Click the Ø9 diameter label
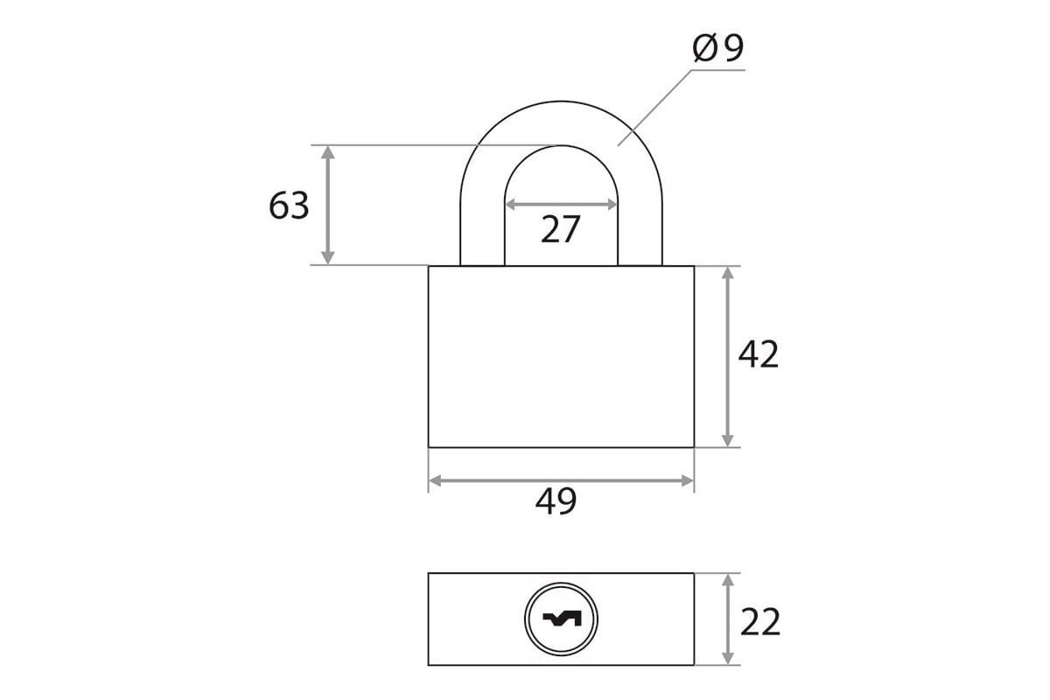[x=717, y=48]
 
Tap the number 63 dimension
[x=289, y=206]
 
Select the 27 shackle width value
[x=561, y=229]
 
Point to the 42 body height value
[x=759, y=354]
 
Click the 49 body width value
[x=556, y=501]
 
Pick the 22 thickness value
[x=760, y=622]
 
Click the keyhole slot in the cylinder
[x=561, y=619]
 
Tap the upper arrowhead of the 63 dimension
[x=327, y=152]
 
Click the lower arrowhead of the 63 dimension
[x=327, y=258]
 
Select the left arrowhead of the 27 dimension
[x=511, y=205]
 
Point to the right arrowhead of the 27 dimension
[x=612, y=205]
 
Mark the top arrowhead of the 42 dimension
[x=727, y=273]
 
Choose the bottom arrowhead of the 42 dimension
[x=727, y=440]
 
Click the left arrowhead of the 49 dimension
[x=436, y=480]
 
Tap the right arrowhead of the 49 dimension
[x=687, y=480]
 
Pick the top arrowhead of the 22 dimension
[x=727, y=580]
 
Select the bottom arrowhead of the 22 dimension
[x=727, y=658]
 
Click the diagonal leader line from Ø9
[x=654, y=108]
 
